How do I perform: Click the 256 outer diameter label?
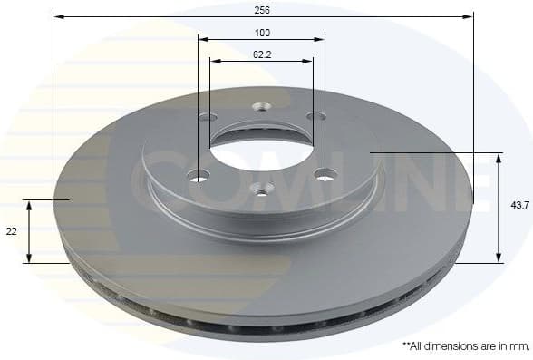[263, 8]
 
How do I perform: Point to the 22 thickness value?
[12, 232]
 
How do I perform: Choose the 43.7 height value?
[519, 207]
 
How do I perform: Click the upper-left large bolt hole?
[207, 118]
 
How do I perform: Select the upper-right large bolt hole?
[315, 116]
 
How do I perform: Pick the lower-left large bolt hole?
[199, 175]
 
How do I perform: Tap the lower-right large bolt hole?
[325, 174]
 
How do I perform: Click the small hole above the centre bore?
[261, 106]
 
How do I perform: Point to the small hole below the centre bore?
[262, 189]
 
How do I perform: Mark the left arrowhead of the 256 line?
[56, 15]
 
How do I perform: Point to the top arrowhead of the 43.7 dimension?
[499, 157]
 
